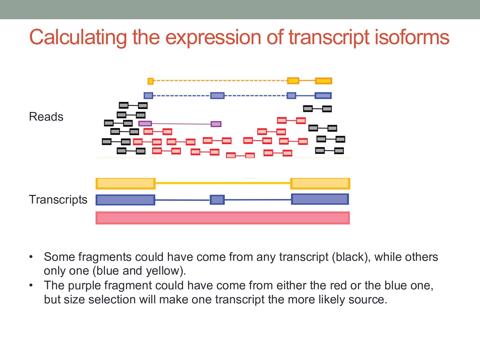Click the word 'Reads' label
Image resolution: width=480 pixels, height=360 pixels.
pyautogui.click(x=46, y=117)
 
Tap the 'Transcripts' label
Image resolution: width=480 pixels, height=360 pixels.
pyautogui.click(x=58, y=199)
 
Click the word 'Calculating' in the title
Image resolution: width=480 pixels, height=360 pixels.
pyautogui.click(x=78, y=37)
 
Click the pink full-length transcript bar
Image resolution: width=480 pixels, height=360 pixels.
pyautogui.click(x=222, y=218)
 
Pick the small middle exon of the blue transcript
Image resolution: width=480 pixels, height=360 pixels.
pyautogui.click(x=217, y=200)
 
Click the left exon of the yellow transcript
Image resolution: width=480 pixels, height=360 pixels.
pyautogui.click(x=125, y=183)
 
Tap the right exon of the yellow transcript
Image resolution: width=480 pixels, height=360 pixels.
pyautogui.click(x=320, y=183)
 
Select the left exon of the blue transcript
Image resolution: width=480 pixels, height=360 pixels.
pyautogui.click(x=125, y=200)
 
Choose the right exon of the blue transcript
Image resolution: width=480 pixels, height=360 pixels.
pyautogui.click(x=320, y=199)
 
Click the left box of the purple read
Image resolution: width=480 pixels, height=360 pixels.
pyautogui.click(x=145, y=124)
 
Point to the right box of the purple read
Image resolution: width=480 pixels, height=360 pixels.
pyautogui.click(x=216, y=124)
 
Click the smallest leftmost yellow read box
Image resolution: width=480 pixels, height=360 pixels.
pyautogui.click(x=150, y=81)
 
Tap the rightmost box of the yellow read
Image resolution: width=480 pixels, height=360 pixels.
pyautogui.click(x=323, y=81)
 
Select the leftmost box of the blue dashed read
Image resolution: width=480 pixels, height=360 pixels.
pyautogui.click(x=148, y=95)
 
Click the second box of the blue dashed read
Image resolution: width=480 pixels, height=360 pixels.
pyautogui.click(x=217, y=95)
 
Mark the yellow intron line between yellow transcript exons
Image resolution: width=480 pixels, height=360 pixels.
pyautogui.click(x=222, y=183)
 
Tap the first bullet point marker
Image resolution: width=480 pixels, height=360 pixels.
pyautogui.click(x=31, y=257)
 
